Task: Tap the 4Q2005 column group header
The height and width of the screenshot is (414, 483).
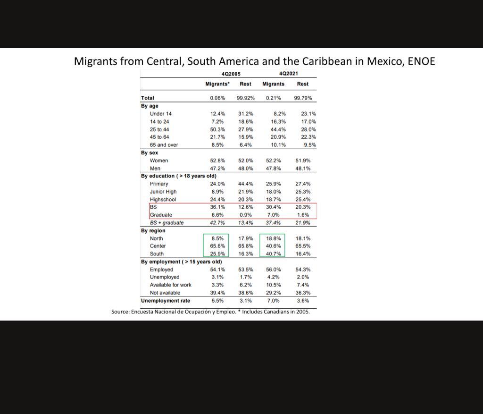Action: pyautogui.click(x=231, y=74)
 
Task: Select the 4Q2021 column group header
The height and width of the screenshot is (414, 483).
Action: pyautogui.click(x=289, y=74)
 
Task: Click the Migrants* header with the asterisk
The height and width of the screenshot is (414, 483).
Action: pyautogui.click(x=217, y=84)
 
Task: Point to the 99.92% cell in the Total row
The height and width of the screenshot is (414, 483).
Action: pyautogui.click(x=245, y=98)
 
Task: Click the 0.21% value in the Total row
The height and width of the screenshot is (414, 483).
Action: pyautogui.click(x=273, y=98)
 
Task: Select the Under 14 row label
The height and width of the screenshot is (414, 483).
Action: pyautogui.click(x=161, y=114)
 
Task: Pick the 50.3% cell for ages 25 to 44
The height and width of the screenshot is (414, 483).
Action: pyautogui.click(x=217, y=129)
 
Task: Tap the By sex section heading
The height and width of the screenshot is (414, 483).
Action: pyautogui.click(x=150, y=153)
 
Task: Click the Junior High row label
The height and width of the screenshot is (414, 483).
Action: pyautogui.click(x=163, y=192)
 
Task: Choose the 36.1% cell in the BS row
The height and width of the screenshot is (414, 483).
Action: pyautogui.click(x=217, y=207)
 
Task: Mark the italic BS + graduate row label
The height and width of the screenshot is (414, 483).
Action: pyautogui.click(x=167, y=223)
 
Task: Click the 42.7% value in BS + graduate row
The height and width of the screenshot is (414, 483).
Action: pyautogui.click(x=217, y=223)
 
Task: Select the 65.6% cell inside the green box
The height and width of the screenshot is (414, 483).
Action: pyautogui.click(x=217, y=246)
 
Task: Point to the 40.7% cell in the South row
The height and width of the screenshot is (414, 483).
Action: pyautogui.click(x=273, y=253)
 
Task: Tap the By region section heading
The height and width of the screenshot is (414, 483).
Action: pyautogui.click(x=153, y=231)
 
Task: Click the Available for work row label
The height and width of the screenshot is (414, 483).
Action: pyautogui.click(x=171, y=285)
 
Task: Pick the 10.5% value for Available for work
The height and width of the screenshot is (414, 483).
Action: pyautogui.click(x=273, y=285)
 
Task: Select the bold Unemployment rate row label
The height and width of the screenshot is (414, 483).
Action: pyautogui.click(x=166, y=301)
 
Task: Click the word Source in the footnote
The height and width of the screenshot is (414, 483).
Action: pyautogui.click(x=120, y=312)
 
